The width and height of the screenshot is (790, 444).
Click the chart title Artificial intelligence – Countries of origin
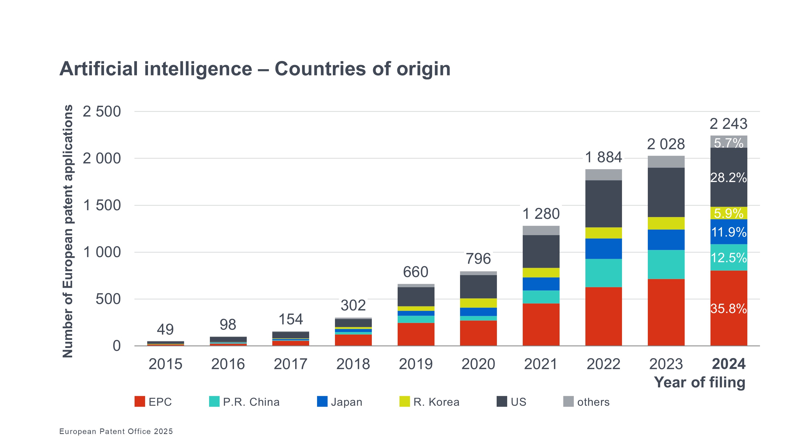[255, 69]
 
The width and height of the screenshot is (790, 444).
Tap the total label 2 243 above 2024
[728, 124]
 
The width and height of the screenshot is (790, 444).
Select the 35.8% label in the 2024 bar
[728, 309]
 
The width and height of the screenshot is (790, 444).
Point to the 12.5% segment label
[728, 258]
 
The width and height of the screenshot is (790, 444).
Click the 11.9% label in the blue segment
[728, 232]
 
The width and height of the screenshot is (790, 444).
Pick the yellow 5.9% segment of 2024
[728, 213]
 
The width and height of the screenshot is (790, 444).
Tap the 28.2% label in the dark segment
[728, 178]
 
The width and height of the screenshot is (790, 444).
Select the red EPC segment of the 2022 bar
[603, 316]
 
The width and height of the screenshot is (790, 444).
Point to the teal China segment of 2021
[541, 297]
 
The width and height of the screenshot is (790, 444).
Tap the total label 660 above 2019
[416, 272]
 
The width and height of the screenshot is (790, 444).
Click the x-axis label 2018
[353, 364]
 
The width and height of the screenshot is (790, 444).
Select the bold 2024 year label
[728, 364]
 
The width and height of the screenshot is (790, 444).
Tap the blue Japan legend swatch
[322, 401]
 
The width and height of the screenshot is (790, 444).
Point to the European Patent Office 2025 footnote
[116, 431]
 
